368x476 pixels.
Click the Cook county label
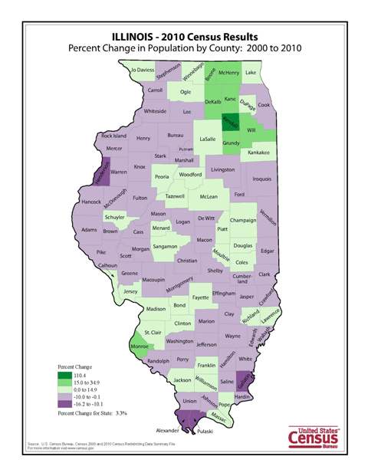click(264, 105)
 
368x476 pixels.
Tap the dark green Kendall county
click(228, 123)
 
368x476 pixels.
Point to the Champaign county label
click(242, 220)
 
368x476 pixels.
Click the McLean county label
click(208, 196)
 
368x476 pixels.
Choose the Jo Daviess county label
click(143, 70)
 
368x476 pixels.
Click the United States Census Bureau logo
click(313, 436)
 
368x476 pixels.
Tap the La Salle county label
click(207, 140)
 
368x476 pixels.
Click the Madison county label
click(156, 309)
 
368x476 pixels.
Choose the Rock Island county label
click(113, 136)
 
